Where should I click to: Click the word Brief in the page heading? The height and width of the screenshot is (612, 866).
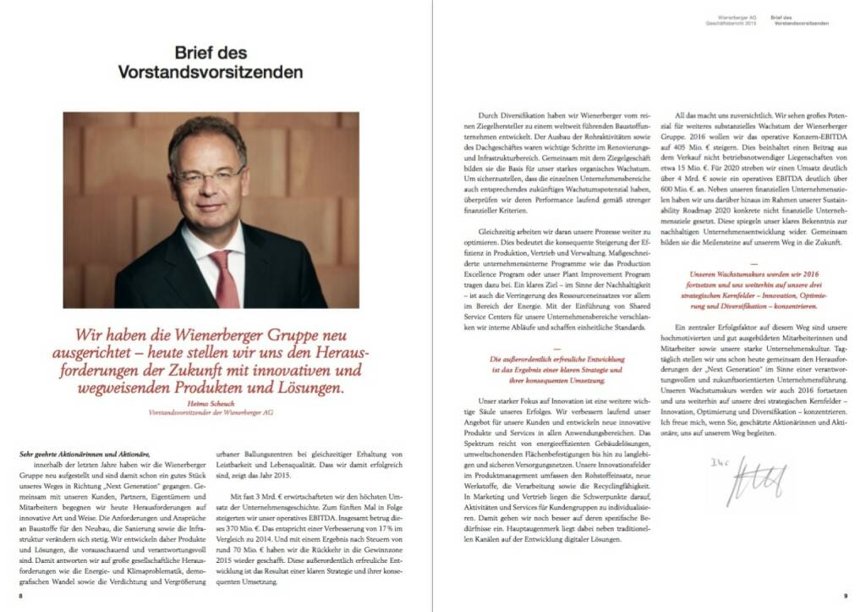tap(200, 52)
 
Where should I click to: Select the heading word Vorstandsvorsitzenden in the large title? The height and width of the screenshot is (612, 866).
tap(211, 72)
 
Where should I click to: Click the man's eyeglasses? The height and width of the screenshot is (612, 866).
tap(208, 178)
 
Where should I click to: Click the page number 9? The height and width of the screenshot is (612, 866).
tap(845, 595)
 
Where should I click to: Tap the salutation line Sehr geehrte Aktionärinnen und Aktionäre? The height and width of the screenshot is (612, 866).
tap(85, 455)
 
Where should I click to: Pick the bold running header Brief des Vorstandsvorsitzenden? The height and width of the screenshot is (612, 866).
tap(800, 19)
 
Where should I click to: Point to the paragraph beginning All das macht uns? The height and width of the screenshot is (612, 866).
tap(757, 179)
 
